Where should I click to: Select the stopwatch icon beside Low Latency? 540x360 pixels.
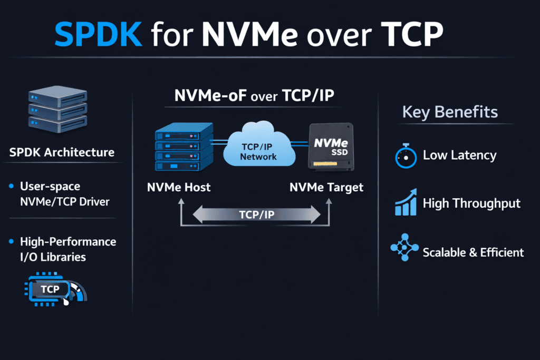pos(406,156)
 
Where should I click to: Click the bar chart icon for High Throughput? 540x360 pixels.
pos(406,203)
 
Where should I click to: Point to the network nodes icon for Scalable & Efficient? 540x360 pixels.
pos(404,248)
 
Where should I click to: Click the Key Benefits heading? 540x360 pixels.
pos(450,112)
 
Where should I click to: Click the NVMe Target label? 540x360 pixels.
pos(326,187)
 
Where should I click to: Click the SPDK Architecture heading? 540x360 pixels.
pos(62,153)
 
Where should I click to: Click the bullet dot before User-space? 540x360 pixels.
pos(12,187)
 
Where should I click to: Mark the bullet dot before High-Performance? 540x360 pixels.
pos(12,242)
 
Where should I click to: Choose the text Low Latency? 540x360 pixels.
pos(459,155)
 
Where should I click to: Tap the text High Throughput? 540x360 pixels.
pos(471,203)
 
